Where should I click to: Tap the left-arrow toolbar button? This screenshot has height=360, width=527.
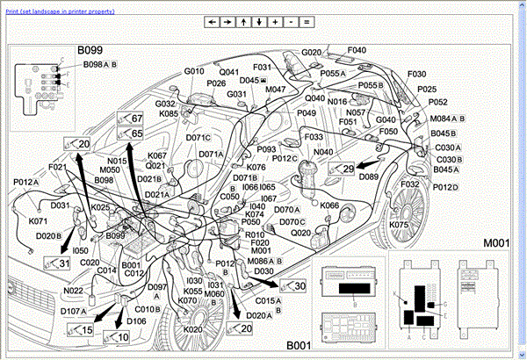212,21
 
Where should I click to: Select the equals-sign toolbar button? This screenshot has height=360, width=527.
307,21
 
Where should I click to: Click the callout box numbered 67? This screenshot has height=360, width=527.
131,118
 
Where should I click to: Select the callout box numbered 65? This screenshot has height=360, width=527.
131,133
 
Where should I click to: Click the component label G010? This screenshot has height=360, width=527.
194,71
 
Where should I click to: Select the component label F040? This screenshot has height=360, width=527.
357,50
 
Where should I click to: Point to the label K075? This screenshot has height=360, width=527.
401,225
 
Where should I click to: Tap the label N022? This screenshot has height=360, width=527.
74,291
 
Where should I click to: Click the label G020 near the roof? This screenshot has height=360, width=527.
313,53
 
